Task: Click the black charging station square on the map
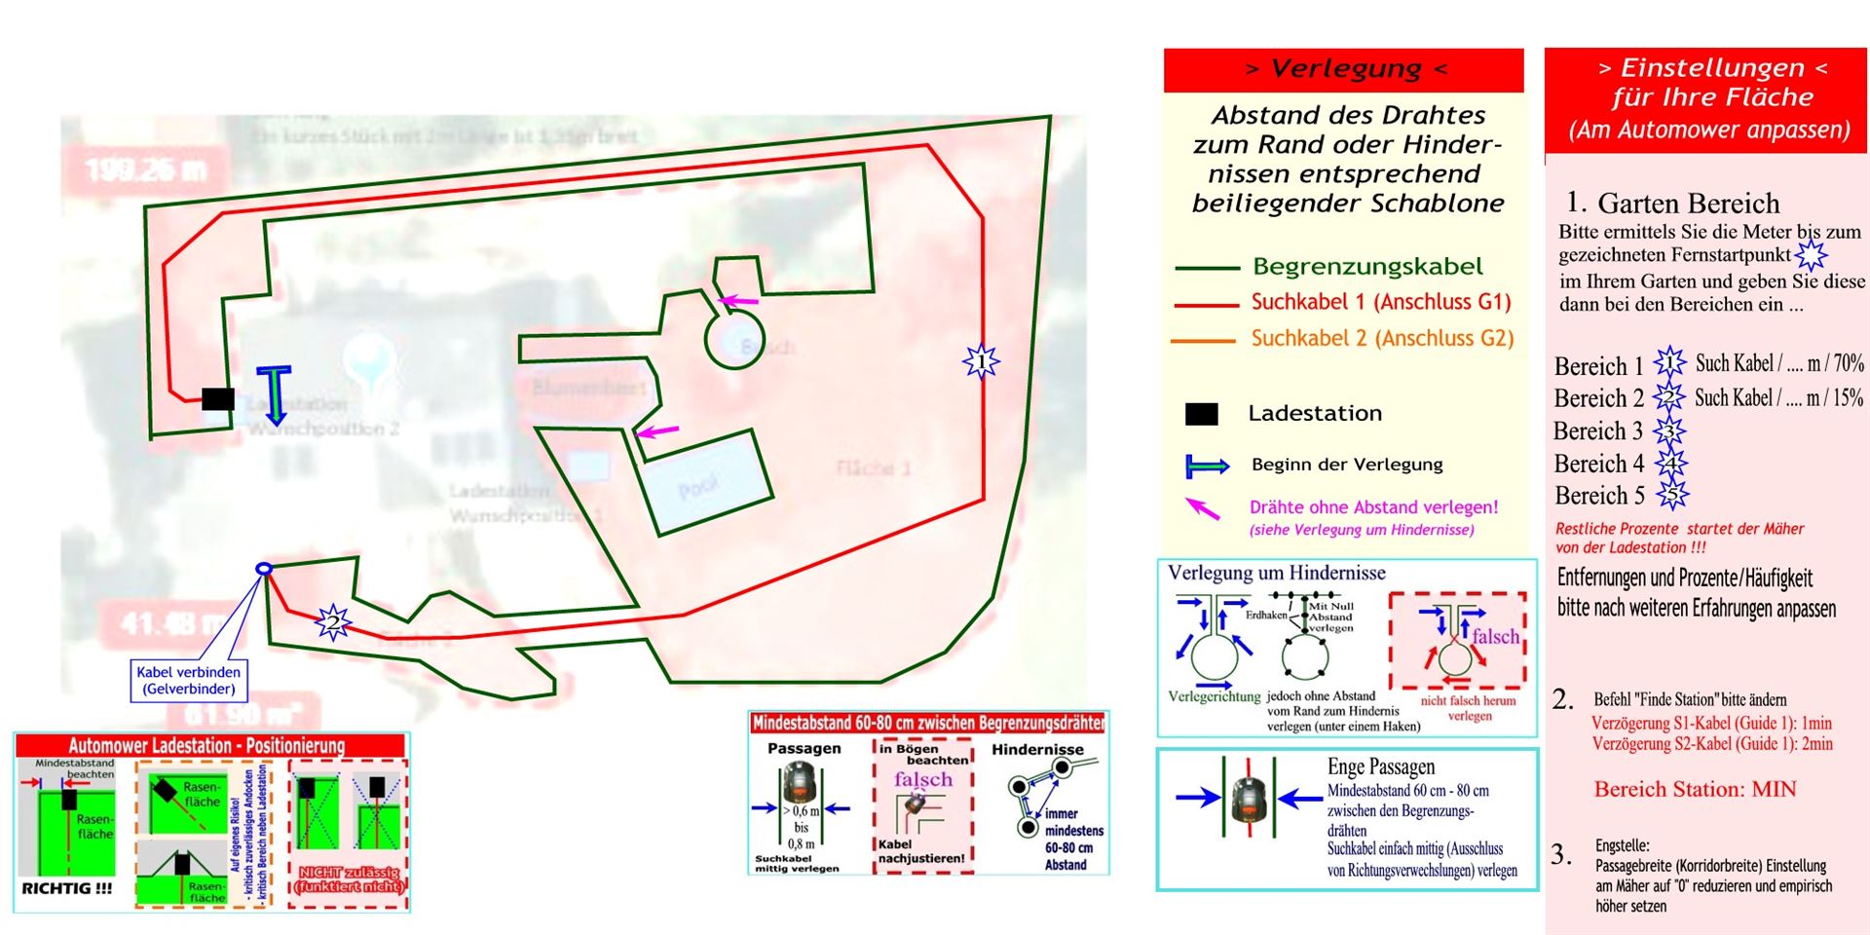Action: tap(218, 398)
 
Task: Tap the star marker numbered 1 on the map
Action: tap(981, 361)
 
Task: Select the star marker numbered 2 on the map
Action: tap(333, 621)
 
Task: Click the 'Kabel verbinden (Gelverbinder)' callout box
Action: tap(188, 680)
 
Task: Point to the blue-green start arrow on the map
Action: tap(275, 394)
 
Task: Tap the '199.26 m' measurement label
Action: tap(146, 171)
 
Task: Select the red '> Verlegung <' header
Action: tap(1344, 69)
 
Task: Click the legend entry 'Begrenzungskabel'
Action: tap(1367, 266)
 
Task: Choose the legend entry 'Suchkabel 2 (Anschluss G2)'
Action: tap(1382, 339)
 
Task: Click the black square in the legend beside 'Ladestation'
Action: tap(1201, 414)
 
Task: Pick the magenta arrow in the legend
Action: tap(1203, 507)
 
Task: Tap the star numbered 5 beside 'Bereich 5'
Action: tap(1672, 495)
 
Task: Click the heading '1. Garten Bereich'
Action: tap(1672, 203)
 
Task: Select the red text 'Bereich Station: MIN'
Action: tap(1695, 789)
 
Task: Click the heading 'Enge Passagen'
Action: tap(1380, 767)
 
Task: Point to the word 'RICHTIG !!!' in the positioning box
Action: tap(67, 888)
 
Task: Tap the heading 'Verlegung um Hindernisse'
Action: tap(1276, 573)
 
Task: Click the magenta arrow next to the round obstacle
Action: tap(738, 301)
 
